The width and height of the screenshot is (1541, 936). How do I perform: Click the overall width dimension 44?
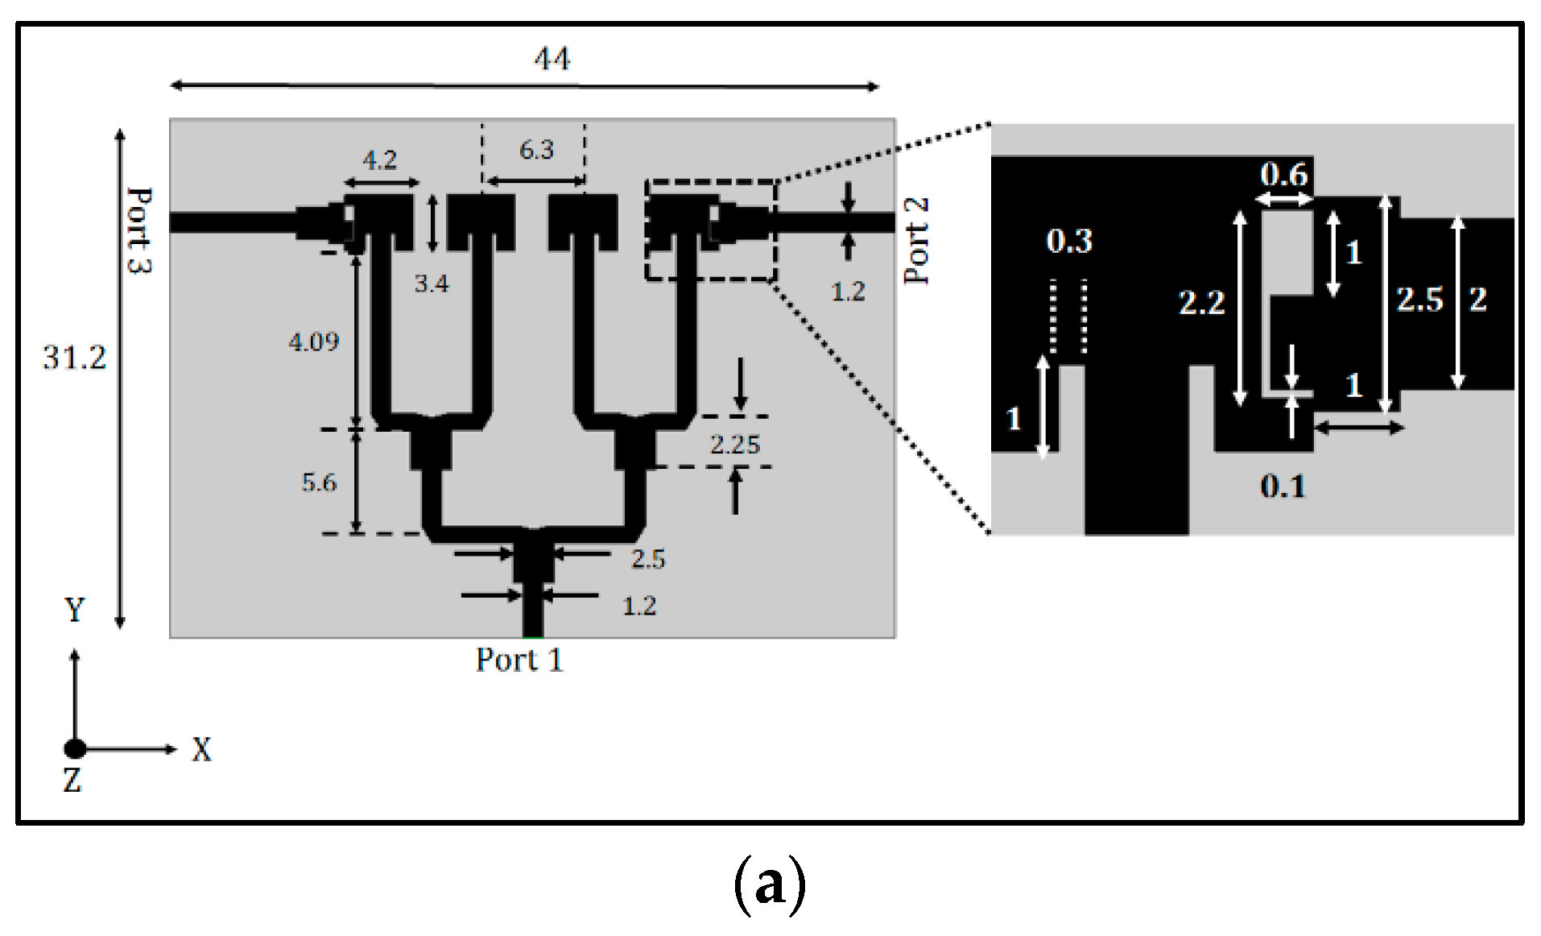pyautogui.click(x=552, y=59)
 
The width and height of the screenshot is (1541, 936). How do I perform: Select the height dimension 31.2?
pyautogui.click(x=74, y=358)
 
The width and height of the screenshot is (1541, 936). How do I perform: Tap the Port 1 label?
pyautogui.click(x=519, y=660)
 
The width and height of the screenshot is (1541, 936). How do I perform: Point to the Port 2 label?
pyautogui.click(x=917, y=240)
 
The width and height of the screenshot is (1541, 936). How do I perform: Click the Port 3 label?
pyautogui.click(x=139, y=230)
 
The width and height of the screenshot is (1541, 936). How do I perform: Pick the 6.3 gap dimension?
pyautogui.click(x=536, y=150)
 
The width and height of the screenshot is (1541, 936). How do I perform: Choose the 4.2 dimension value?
pyautogui.click(x=379, y=160)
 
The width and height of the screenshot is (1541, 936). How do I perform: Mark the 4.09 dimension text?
pyautogui.click(x=314, y=342)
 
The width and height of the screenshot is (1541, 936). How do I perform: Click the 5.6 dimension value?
pyautogui.click(x=319, y=482)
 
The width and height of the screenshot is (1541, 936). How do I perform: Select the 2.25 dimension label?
pyautogui.click(x=734, y=444)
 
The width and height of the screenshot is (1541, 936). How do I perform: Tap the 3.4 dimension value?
pyautogui.click(x=432, y=284)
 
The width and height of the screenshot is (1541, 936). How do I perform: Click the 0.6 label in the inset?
pyautogui.click(x=1284, y=175)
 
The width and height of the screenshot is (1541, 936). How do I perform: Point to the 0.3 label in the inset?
pyautogui.click(x=1069, y=241)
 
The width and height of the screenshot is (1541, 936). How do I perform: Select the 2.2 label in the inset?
pyautogui.click(x=1201, y=303)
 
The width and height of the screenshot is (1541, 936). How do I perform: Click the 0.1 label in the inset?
pyautogui.click(x=1283, y=486)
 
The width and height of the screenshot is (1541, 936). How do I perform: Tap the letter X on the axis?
pyautogui.click(x=201, y=750)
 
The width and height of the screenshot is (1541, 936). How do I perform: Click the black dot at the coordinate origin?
pyautogui.click(x=75, y=749)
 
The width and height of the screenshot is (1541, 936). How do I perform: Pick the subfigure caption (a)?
pyautogui.click(x=770, y=884)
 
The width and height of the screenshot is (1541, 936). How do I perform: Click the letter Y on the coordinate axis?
pyautogui.click(x=74, y=610)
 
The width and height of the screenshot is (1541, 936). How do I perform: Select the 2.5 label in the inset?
pyautogui.click(x=1419, y=300)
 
